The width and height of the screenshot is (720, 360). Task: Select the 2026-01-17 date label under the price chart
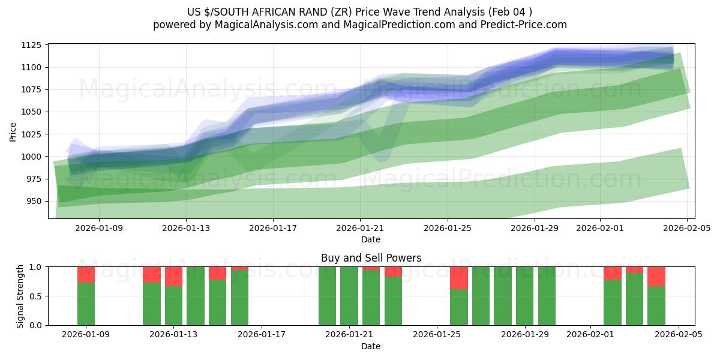point(273,228)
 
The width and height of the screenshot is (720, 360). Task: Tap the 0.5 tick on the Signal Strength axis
point(35,296)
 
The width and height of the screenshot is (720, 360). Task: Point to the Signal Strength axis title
point(21,296)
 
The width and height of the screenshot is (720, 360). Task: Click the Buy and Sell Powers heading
point(371,258)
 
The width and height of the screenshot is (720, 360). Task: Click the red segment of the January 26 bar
point(458,278)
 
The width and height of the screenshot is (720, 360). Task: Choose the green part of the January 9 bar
point(86,304)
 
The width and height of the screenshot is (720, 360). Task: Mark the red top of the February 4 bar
point(656,276)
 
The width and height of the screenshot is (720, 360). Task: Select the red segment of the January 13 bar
point(173,276)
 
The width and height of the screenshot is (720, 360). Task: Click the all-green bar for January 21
point(349,296)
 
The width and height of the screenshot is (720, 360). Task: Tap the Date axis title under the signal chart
point(371,346)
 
